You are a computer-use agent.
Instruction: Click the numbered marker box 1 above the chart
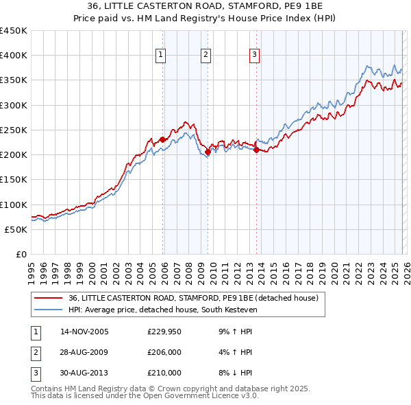tap(160, 56)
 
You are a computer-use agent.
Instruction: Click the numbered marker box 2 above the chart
tap(206, 56)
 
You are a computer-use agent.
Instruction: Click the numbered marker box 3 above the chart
tap(254, 56)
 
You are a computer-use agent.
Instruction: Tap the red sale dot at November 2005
tap(163, 139)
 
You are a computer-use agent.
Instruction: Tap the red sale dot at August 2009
tap(208, 152)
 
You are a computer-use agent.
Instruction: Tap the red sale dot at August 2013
tap(256, 150)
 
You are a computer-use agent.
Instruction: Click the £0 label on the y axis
tap(21, 254)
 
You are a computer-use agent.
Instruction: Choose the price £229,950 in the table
tap(164, 332)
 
